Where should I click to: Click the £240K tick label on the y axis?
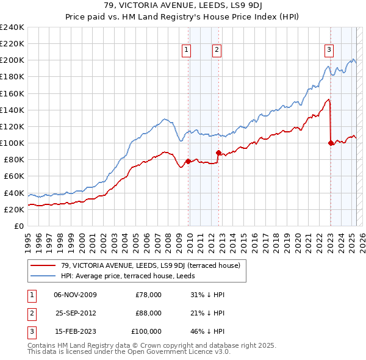click(x=12, y=27)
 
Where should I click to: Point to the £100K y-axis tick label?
click(x=12, y=143)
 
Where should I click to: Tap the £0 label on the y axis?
click(x=19, y=226)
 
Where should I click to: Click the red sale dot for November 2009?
click(x=188, y=161)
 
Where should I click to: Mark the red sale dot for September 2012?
click(x=218, y=153)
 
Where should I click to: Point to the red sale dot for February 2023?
click(x=331, y=143)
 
